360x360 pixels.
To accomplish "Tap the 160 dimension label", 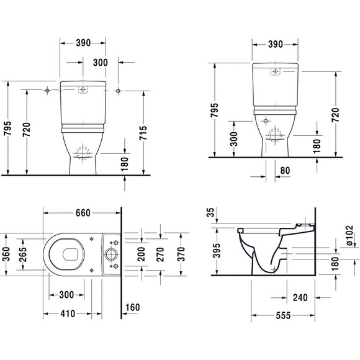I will click(x=132, y=307).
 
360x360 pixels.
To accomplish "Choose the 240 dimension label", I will click(x=300, y=297).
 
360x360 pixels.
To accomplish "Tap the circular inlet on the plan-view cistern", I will click(x=110, y=254).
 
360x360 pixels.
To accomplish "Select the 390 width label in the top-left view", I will click(x=83, y=43).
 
